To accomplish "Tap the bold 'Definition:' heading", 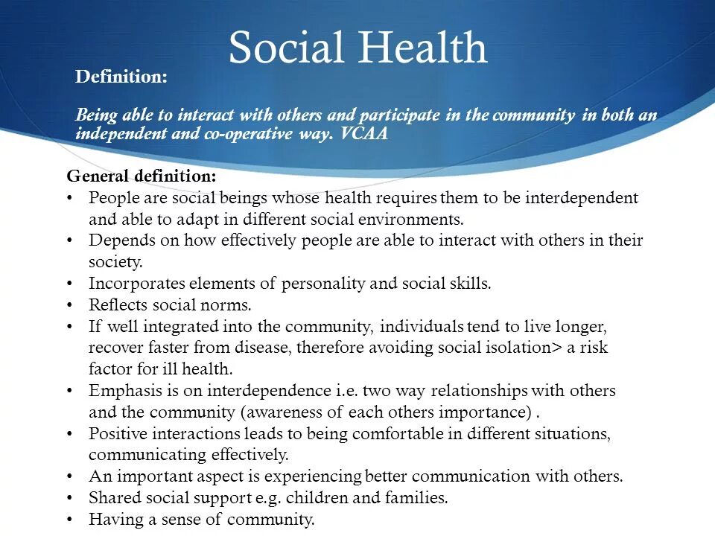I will coord(121,77).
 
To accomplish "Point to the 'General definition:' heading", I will coord(142,176).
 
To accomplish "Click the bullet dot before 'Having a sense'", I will coord(70,520).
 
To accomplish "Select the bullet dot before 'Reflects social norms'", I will coord(70,305).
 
